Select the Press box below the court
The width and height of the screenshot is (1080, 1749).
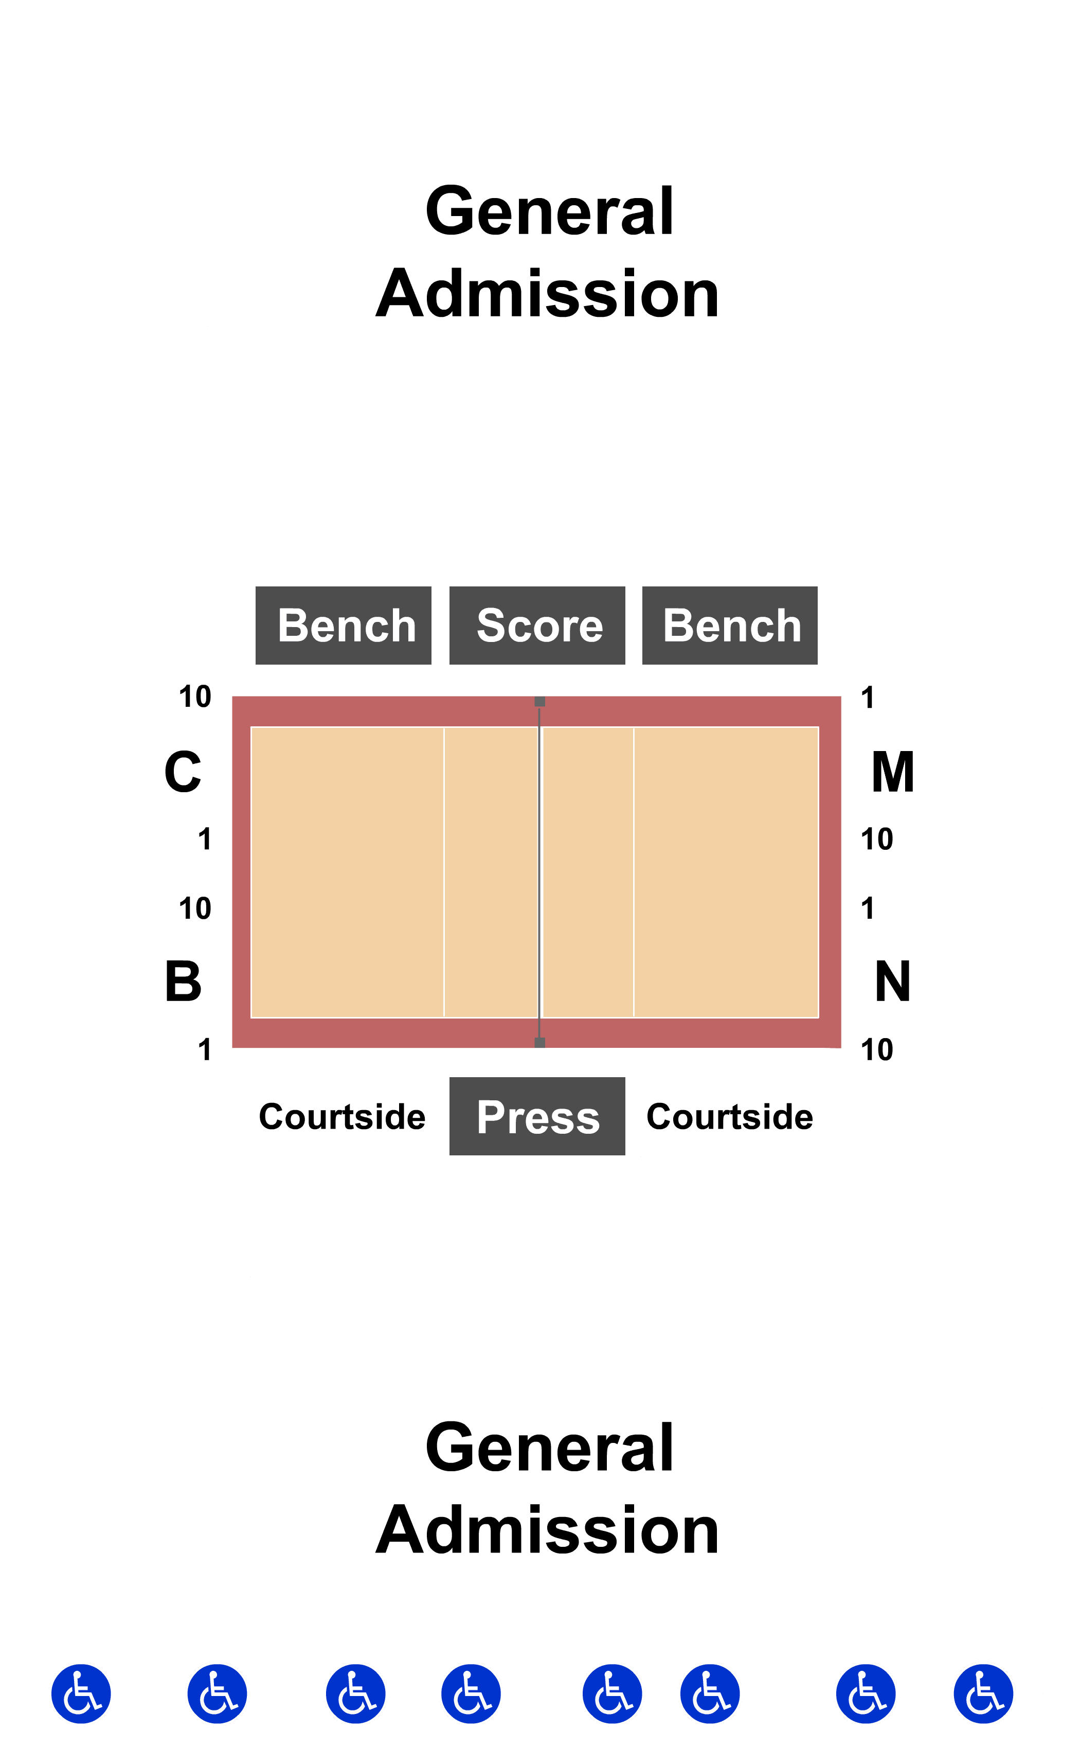(537, 1116)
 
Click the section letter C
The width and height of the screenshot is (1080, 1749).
(183, 772)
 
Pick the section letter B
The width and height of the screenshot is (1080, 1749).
(183, 981)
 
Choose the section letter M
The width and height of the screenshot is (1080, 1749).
(892, 772)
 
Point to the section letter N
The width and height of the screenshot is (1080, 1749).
(892, 981)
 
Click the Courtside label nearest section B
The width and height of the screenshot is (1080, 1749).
(342, 1117)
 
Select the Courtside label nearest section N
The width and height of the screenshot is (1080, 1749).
(729, 1117)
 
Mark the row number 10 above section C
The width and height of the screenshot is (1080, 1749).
(195, 697)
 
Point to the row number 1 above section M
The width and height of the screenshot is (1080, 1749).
(867, 698)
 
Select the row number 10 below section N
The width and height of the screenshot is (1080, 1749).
(876, 1049)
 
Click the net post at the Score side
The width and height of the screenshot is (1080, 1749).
(540, 702)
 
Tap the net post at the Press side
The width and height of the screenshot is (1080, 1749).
(540, 1042)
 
